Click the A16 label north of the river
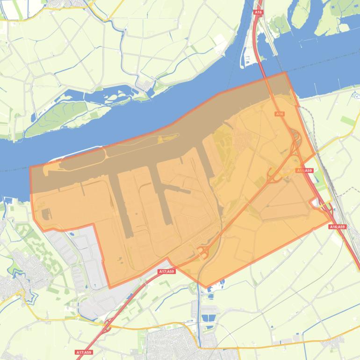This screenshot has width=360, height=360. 258,12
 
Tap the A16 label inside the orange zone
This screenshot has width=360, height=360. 280,114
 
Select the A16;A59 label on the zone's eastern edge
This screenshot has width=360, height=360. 305,171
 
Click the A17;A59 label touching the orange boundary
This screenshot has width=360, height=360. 166,271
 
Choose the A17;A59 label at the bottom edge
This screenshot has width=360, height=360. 84,352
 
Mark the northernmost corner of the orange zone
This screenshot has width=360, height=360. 284,72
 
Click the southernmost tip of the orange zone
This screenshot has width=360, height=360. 205,287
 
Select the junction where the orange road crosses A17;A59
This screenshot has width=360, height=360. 107,326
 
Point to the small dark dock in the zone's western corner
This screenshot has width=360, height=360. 46,214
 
